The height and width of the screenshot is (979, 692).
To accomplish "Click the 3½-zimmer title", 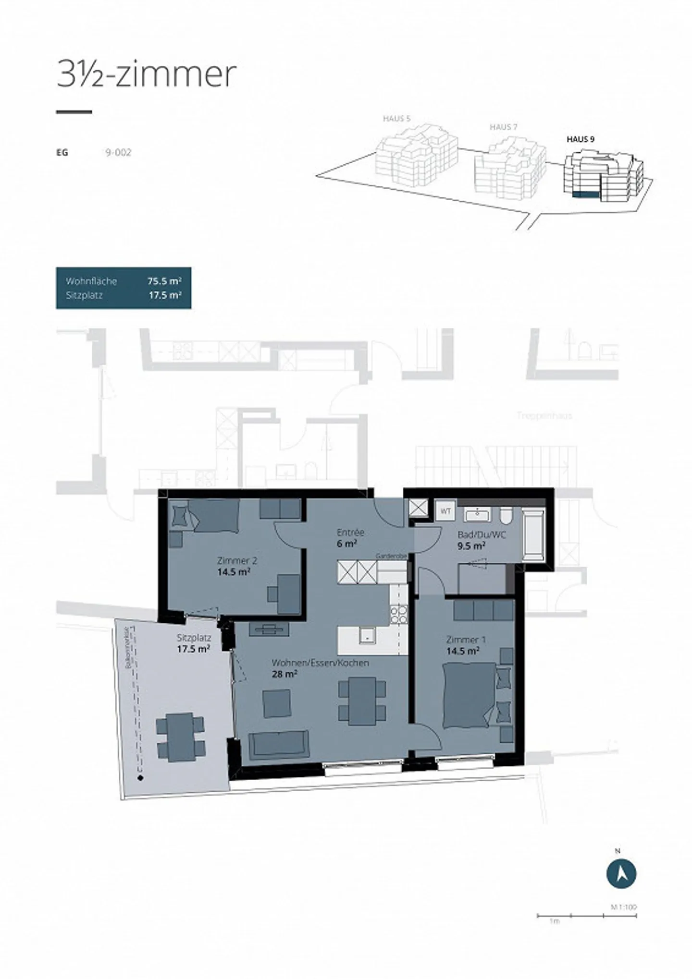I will tap(147, 74).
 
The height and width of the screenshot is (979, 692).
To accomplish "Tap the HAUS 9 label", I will tap(581, 139).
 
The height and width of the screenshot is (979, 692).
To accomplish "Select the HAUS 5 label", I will tap(396, 118).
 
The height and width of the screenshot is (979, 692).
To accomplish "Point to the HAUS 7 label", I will tap(503, 127).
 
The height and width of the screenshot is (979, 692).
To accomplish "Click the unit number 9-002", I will tap(118, 153).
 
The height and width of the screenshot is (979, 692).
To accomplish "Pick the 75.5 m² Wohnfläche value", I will tap(164, 281).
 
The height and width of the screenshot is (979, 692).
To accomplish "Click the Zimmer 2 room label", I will tap(234, 560).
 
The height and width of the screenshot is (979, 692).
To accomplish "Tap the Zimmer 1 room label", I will tap(466, 640).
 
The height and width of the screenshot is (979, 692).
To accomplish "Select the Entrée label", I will tap(350, 532).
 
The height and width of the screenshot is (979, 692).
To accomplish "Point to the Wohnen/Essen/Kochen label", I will tap(320, 663).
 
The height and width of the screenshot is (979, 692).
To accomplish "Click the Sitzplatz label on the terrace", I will tap(194, 638).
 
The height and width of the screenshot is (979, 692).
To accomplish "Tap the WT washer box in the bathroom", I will tap(445, 511).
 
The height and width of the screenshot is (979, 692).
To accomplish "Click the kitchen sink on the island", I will tap(367, 635).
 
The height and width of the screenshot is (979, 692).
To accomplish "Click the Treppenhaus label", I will tap(544, 415).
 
